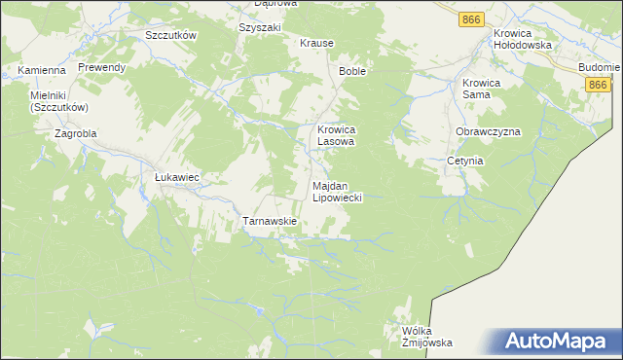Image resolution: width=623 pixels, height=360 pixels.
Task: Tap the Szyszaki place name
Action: click(x=259, y=27)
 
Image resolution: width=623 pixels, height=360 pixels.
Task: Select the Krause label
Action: click(x=316, y=44)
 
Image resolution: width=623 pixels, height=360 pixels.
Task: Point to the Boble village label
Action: click(x=351, y=72)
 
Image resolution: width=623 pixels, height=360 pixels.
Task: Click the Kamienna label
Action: click(x=41, y=70)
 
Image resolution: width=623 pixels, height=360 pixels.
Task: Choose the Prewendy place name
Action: click(x=102, y=67)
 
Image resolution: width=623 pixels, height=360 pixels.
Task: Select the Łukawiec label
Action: click(x=177, y=177)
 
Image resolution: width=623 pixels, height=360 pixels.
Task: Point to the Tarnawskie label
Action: click(x=269, y=222)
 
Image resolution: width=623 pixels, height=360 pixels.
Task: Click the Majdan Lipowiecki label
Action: click(x=337, y=191)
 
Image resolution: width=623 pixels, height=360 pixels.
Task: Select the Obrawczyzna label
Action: click(x=488, y=131)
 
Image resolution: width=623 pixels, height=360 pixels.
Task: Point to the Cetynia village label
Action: click(x=465, y=161)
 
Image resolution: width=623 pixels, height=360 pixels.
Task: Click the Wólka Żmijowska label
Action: click(x=427, y=337)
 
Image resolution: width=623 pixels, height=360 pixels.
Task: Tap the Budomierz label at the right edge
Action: click(x=599, y=67)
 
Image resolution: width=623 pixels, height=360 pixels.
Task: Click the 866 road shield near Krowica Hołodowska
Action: click(x=472, y=19)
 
